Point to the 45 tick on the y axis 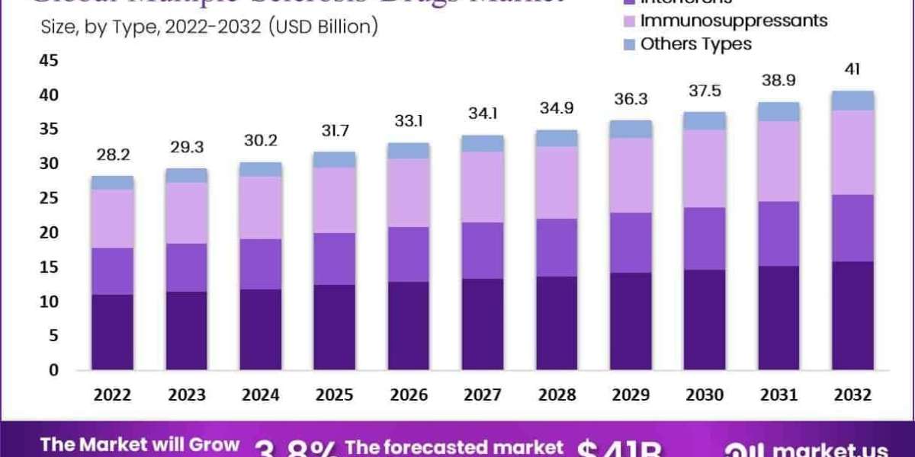[48, 60]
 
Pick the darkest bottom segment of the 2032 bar [852, 315]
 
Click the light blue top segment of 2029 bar [631, 129]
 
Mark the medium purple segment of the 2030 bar [705, 238]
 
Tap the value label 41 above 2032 [852, 70]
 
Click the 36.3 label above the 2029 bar [631, 100]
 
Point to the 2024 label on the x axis [261, 395]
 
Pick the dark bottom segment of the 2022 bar [112, 332]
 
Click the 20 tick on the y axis [48, 232]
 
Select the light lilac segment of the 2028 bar [557, 183]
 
